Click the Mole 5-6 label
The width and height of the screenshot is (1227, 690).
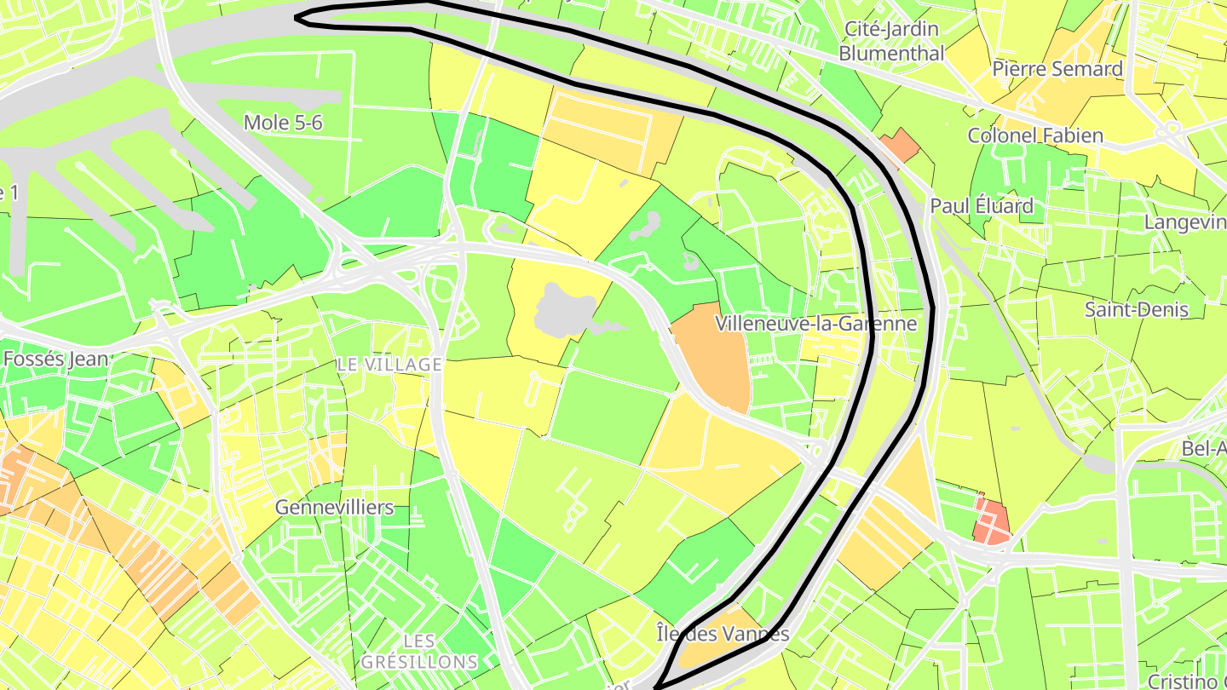point(283,123)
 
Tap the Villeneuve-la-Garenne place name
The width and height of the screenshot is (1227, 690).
point(815,324)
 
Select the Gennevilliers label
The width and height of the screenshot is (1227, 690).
point(334,508)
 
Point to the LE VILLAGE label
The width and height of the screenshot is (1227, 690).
point(389,365)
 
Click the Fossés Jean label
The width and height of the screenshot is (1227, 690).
point(55,359)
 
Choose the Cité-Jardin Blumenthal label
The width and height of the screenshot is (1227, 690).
point(891,41)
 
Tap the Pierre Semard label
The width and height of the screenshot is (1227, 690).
point(1057,69)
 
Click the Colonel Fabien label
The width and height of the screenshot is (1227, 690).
point(1035,135)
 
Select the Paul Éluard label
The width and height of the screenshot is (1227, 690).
point(982,206)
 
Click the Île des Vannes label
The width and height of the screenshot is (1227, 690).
point(723,634)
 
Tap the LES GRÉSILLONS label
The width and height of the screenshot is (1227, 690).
point(418,651)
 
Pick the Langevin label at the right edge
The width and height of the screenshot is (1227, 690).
point(1184,222)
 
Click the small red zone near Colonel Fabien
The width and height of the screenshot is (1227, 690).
point(900,146)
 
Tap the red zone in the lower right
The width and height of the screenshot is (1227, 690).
point(991,520)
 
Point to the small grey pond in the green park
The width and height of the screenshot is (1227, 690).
point(648,225)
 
